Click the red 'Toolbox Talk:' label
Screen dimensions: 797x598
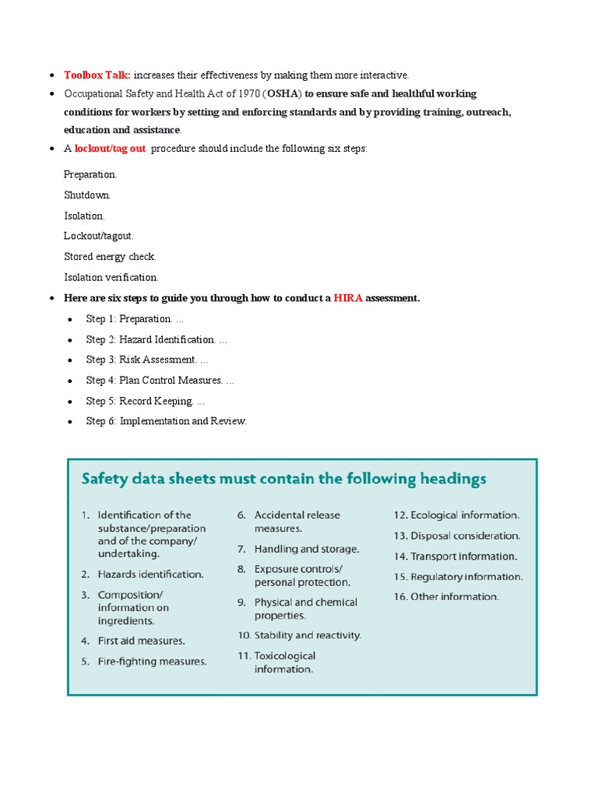(97, 75)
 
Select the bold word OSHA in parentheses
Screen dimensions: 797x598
(283, 93)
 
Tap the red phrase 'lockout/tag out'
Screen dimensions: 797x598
(110, 149)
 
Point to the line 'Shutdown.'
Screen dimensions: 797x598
(87, 195)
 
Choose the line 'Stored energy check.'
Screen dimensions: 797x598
(110, 256)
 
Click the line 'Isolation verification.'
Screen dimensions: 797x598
(111, 276)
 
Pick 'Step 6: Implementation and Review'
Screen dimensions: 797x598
(166, 421)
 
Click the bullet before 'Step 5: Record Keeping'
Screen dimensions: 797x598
(70, 402)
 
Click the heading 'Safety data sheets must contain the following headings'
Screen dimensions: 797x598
(284, 479)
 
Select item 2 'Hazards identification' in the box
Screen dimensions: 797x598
(150, 574)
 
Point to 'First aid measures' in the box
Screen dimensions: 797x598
(141, 641)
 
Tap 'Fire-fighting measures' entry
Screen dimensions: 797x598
(152, 662)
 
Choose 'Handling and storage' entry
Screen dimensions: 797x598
(306, 549)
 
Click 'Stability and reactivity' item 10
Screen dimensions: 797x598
(307, 635)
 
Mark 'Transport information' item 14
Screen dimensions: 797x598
(463, 556)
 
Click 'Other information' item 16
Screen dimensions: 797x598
(454, 597)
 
